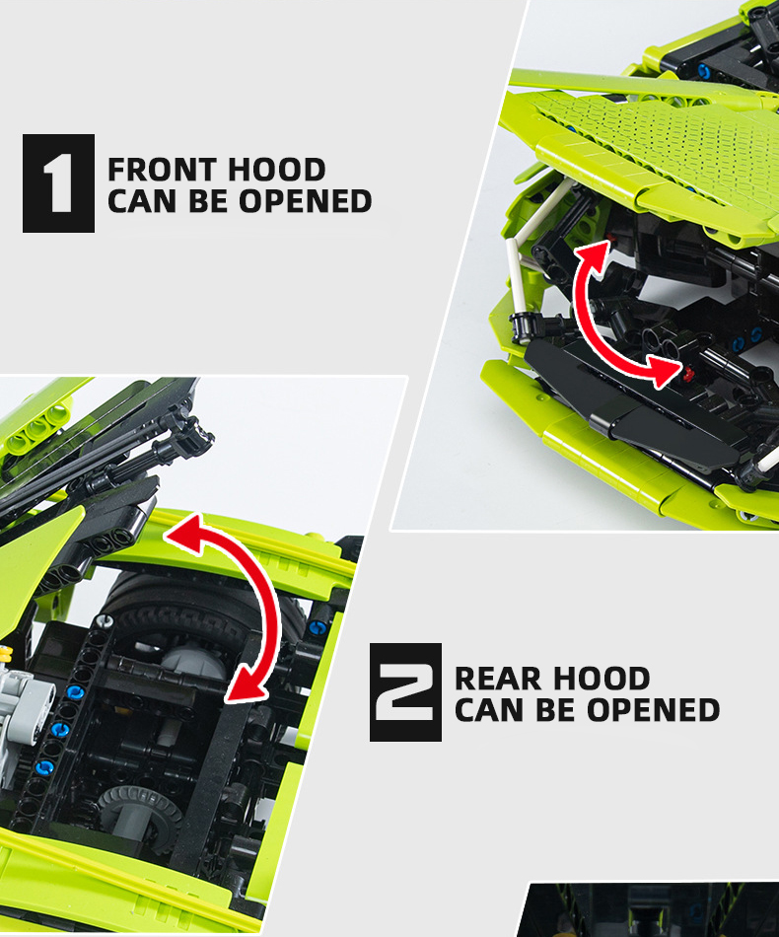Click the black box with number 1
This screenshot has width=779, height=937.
58,182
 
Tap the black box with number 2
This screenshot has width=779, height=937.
405,692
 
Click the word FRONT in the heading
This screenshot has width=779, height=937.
162,170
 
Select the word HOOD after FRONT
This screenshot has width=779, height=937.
276,170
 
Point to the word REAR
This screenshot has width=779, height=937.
498,679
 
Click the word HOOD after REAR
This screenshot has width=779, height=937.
602,679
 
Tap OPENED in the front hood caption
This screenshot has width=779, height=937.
306,201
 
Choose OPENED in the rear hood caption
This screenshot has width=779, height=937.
653,710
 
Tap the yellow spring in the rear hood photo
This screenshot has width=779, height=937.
5,654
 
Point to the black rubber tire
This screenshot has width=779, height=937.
203,610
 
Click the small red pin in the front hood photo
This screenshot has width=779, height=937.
690,375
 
